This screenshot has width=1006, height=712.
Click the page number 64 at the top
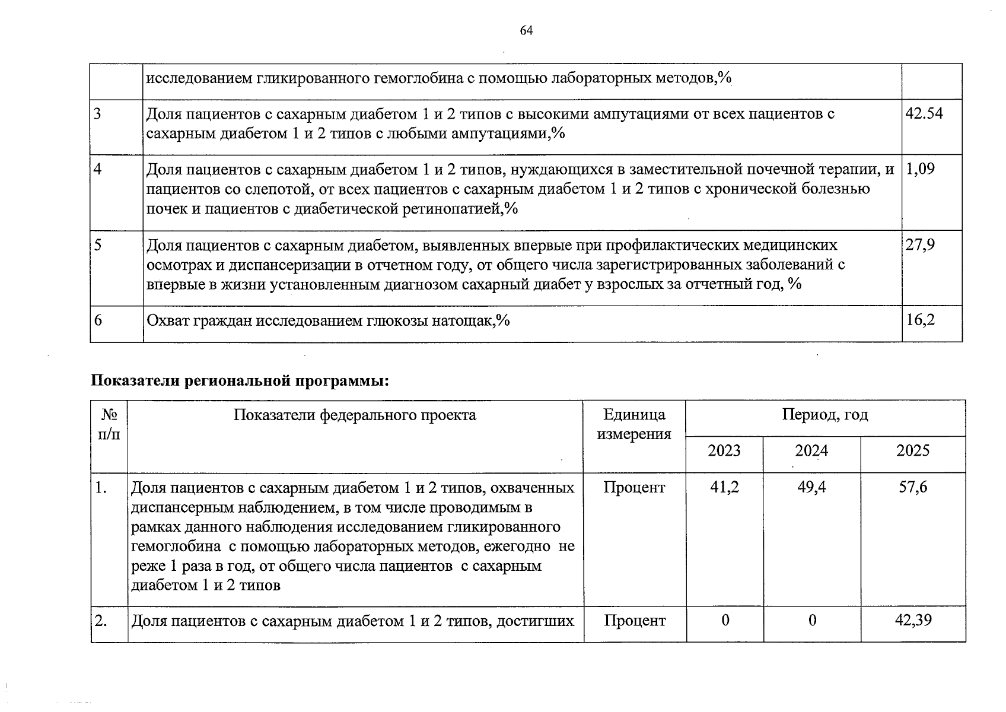click(526, 31)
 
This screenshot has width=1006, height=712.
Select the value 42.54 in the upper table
click(924, 113)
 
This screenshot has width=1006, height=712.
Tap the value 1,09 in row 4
click(921, 169)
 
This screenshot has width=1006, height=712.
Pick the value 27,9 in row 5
click(921, 244)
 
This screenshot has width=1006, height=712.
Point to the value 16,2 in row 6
click(921, 320)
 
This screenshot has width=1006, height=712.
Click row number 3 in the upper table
click(98, 113)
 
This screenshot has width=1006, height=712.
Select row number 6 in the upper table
click(98, 320)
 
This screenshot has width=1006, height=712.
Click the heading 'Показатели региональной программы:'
click(240, 380)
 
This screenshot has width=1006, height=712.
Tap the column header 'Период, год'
click(824, 415)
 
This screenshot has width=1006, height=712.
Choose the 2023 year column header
click(724, 451)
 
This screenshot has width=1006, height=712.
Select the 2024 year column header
click(811, 451)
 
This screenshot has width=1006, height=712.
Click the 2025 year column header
click(913, 451)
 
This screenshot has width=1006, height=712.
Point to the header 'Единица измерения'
click(634, 424)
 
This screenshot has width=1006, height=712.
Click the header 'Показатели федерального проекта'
click(355, 415)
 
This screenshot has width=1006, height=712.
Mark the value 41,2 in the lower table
click(724, 488)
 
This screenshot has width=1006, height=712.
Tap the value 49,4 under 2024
click(811, 488)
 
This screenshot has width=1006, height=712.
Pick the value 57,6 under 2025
click(913, 488)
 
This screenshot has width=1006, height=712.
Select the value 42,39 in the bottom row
click(913, 621)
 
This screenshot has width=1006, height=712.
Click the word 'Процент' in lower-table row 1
click(634, 488)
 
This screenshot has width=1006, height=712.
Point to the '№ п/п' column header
click(109, 424)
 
